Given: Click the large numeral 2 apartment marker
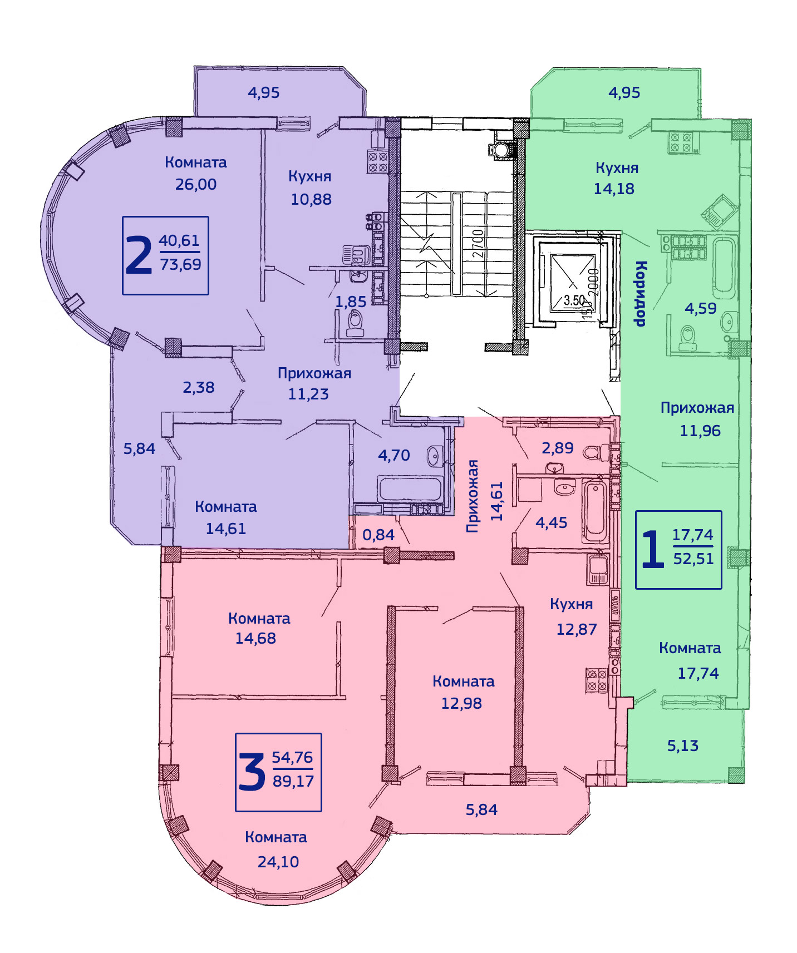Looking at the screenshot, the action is click(139, 255).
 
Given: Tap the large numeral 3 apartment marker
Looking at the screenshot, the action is click(252, 772).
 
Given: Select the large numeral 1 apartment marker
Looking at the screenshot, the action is click(653, 549).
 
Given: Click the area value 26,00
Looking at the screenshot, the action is click(196, 184).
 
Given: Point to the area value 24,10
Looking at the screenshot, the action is click(278, 862).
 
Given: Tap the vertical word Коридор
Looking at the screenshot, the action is click(641, 293).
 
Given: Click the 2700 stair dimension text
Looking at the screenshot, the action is click(478, 243).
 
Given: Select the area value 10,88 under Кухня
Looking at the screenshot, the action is click(311, 199).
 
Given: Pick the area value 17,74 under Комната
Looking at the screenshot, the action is click(698, 673).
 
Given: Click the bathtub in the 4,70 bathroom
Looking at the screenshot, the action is click(411, 488).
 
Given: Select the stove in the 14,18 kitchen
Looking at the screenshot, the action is click(681, 143).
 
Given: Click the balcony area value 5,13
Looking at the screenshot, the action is click(683, 745).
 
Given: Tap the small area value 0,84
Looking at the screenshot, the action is click(378, 535).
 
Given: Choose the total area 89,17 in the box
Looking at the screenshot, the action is click(293, 781).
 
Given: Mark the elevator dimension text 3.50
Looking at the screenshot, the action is click(574, 300).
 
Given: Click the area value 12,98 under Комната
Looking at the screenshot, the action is click(461, 703).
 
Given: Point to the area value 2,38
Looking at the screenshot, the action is click(199, 387).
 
